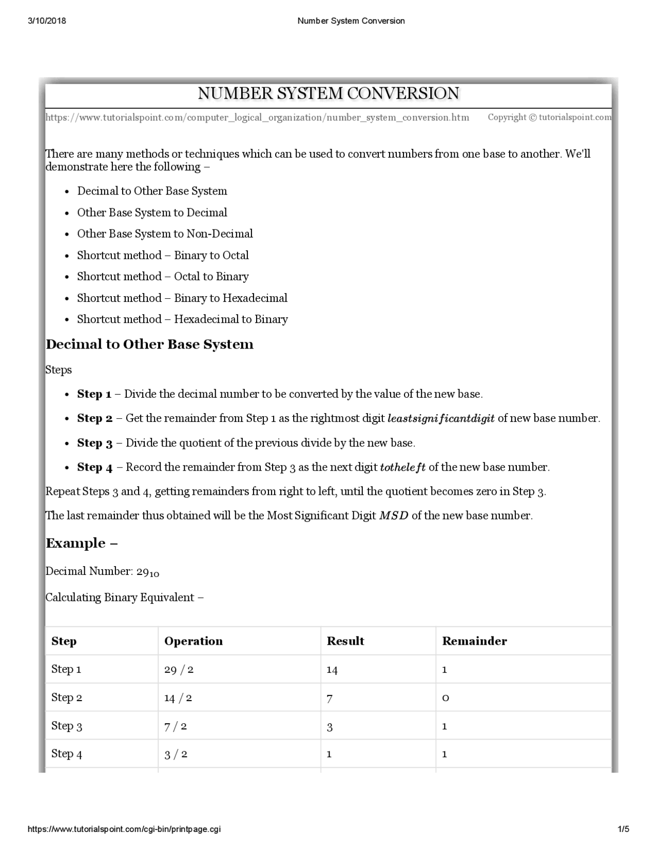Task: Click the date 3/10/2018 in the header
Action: coord(47,21)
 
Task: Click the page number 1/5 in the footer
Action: coord(624,829)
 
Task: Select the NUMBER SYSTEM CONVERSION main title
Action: coord(328,93)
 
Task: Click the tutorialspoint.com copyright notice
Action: coord(549,117)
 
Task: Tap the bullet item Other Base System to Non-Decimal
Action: coord(165,234)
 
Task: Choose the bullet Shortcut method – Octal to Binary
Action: coord(163,277)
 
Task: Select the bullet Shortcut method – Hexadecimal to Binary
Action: coord(182,319)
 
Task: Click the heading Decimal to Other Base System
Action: coord(149,344)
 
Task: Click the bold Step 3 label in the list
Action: coord(94,443)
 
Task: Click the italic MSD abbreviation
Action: coord(394,516)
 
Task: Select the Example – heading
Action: coord(82,544)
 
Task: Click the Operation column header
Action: coord(194,641)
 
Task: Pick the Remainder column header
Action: coord(474,641)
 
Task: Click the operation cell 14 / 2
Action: coord(178,698)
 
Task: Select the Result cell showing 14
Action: coord(332,670)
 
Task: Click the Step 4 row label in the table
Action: coord(67,754)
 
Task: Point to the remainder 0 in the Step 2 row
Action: coord(446,698)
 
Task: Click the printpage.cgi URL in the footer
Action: coord(124,829)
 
